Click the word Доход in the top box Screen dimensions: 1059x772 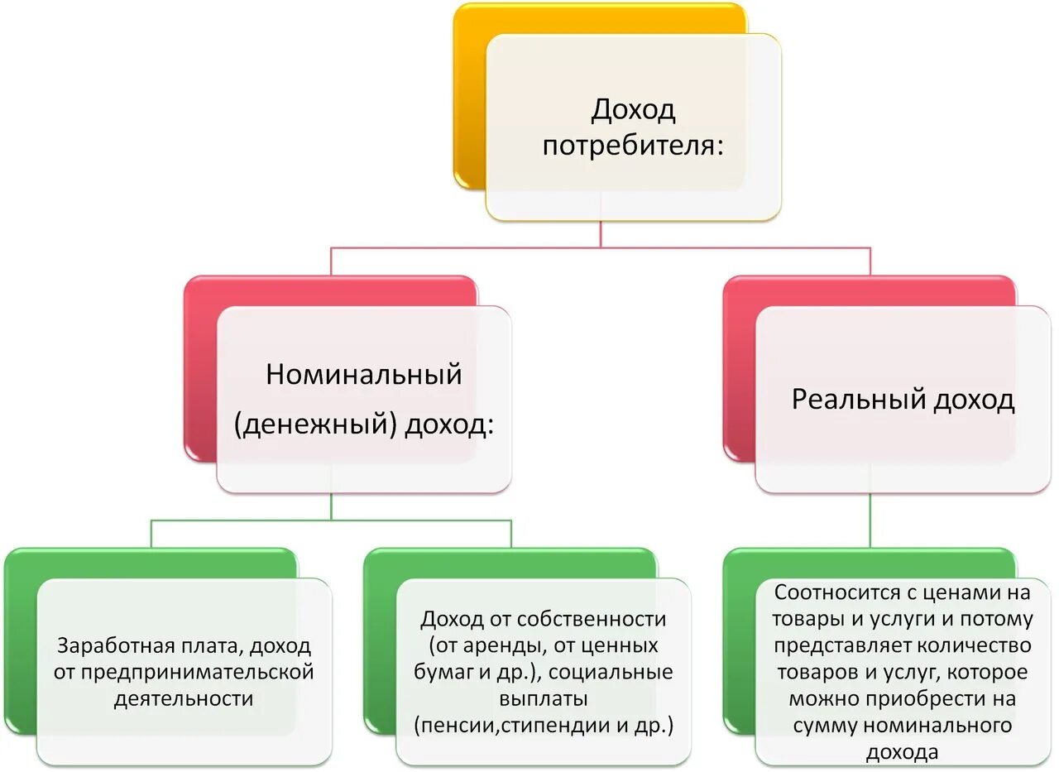point(633,109)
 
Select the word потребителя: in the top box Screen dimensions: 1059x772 point(633,146)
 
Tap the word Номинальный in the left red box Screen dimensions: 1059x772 point(363,374)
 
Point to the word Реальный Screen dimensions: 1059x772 point(857,400)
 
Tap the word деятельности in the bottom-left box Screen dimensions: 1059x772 point(183,698)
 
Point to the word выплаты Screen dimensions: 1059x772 point(544,698)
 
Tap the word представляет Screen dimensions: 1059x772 point(838,645)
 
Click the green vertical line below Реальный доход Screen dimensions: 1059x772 point(870,521)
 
